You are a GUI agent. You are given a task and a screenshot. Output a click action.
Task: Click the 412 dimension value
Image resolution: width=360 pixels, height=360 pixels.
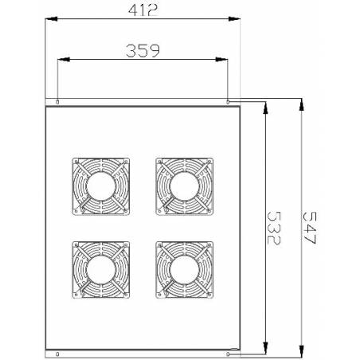pos(143,10)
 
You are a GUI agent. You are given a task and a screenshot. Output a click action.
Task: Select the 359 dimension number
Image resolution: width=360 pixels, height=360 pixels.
pos(143,51)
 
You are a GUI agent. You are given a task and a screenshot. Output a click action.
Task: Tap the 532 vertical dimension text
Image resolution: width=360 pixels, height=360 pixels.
pos(274,228)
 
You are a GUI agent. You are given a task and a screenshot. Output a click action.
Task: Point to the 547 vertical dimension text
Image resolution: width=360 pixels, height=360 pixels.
pos(310,228)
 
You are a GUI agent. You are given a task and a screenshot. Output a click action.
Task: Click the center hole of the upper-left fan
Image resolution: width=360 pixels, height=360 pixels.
pos(101,186)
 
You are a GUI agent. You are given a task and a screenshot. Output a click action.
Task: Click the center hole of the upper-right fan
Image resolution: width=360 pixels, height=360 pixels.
pos(185,186)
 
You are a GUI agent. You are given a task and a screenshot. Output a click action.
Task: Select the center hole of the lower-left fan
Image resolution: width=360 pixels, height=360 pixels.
pos(101,270)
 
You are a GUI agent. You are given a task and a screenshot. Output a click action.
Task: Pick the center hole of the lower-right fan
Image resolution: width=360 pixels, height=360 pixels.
pos(185,270)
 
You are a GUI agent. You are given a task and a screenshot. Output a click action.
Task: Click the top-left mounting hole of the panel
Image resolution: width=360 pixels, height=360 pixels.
pos(57,102)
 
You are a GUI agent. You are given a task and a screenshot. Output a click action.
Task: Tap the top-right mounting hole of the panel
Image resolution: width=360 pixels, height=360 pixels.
pos(228,102)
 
